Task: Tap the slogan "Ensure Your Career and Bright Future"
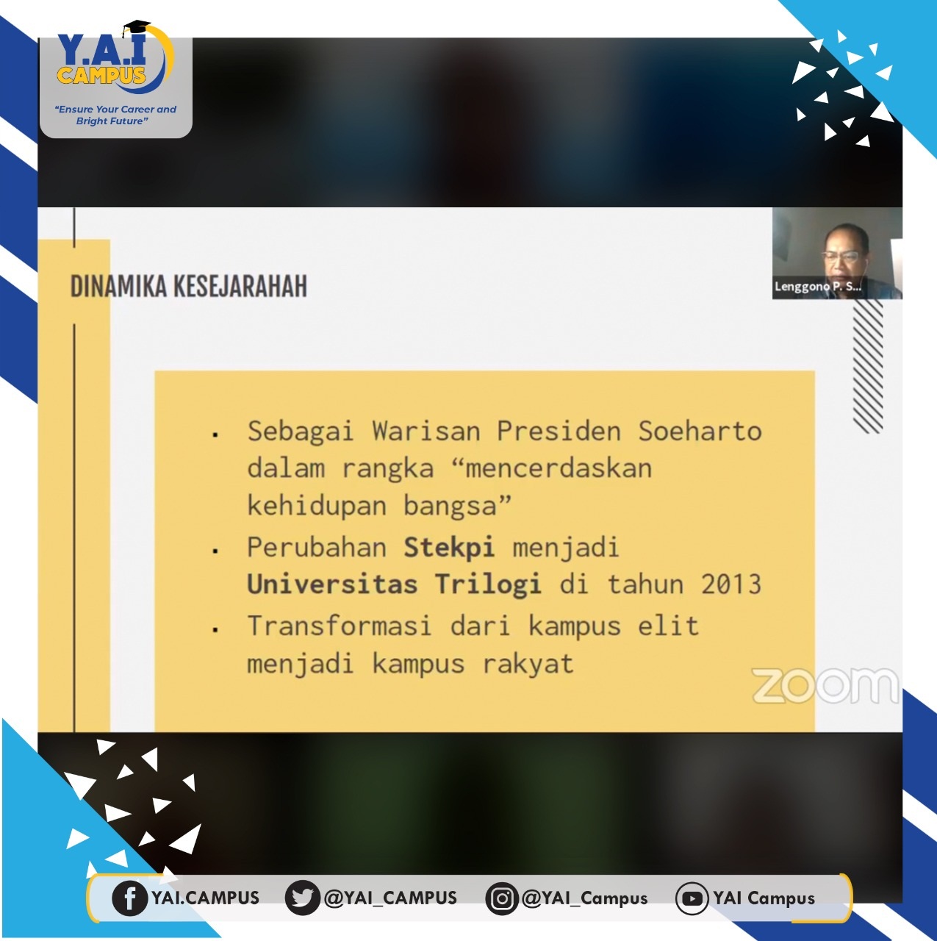tap(115, 115)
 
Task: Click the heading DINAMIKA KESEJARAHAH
tap(189, 286)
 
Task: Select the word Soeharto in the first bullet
tap(700, 432)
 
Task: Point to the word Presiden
tap(559, 432)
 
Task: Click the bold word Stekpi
tap(449, 547)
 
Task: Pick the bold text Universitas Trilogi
tap(394, 584)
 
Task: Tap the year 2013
tap(731, 584)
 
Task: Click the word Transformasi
tap(340, 626)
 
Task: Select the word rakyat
tap(528, 664)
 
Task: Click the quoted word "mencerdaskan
tap(552, 468)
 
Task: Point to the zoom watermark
tap(825, 686)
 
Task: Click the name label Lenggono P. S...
tap(817, 287)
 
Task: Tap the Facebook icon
tap(129, 898)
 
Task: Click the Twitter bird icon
tap(302, 898)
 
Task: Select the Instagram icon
tap(501, 898)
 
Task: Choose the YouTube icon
tap(692, 898)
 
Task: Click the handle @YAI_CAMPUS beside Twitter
tap(391, 898)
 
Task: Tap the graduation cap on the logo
tap(136, 28)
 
